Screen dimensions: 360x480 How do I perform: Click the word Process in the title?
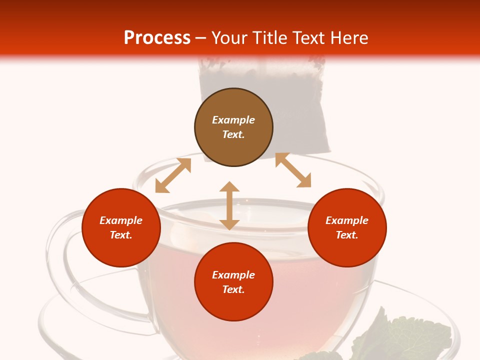pyautogui.click(x=157, y=38)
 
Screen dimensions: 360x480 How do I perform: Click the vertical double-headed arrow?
pyautogui.click(x=229, y=205)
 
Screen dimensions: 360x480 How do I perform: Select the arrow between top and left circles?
pyautogui.click(x=173, y=175)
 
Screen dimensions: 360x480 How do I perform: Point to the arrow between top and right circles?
pyautogui.click(x=293, y=170)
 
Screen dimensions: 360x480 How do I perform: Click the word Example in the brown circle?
pyautogui.click(x=233, y=120)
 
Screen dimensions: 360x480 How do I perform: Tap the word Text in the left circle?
pyautogui.click(x=121, y=235)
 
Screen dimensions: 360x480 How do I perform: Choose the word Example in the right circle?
pyautogui.click(x=347, y=220)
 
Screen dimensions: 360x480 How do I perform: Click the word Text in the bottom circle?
pyautogui.click(x=233, y=289)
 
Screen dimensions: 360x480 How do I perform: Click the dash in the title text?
pyautogui.click(x=201, y=38)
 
